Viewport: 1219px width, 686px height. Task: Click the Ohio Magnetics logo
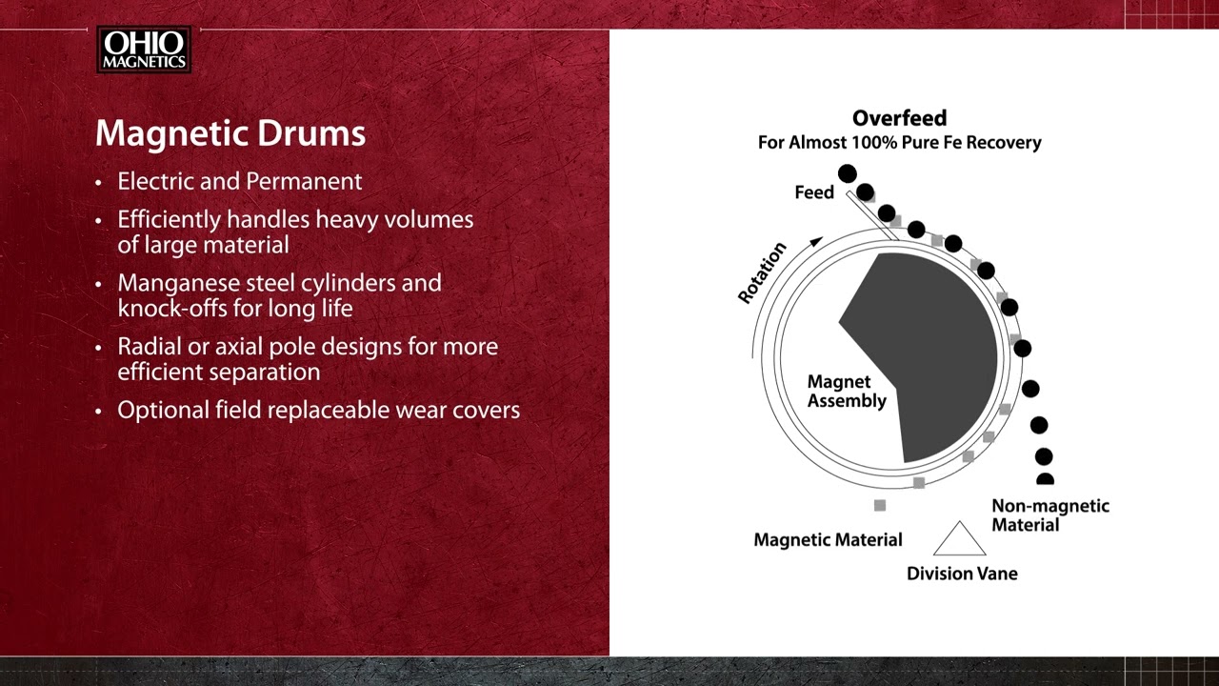pyautogui.click(x=144, y=50)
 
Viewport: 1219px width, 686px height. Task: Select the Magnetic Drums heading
pyautogui.click(x=230, y=133)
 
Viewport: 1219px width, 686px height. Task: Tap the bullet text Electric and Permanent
pyautogui.click(x=239, y=181)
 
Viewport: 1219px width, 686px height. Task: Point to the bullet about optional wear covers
pyautogui.click(x=318, y=410)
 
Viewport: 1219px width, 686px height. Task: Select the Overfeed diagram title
pyautogui.click(x=899, y=118)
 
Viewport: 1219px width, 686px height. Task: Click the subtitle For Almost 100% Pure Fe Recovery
pyautogui.click(x=899, y=143)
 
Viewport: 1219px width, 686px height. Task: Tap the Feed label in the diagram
pyautogui.click(x=814, y=192)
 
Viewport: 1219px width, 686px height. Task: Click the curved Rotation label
pyautogui.click(x=763, y=272)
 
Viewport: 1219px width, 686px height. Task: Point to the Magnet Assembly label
pyautogui.click(x=846, y=392)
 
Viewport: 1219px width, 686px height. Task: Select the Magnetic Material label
pyautogui.click(x=828, y=540)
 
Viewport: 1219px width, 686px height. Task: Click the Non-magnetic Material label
pyautogui.click(x=1049, y=515)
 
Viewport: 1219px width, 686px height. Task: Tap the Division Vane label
pyautogui.click(x=962, y=574)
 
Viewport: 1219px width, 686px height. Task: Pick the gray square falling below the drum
pyautogui.click(x=880, y=506)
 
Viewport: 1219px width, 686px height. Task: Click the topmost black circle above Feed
pyautogui.click(x=847, y=173)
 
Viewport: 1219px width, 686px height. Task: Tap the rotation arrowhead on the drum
pyautogui.click(x=815, y=242)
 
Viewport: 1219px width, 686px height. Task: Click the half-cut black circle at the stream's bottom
pyautogui.click(x=1045, y=480)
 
